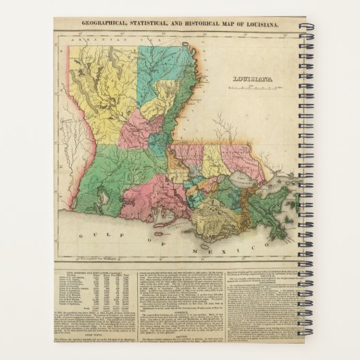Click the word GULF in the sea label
tap(86, 233)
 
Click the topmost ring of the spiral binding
tap(304, 26)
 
